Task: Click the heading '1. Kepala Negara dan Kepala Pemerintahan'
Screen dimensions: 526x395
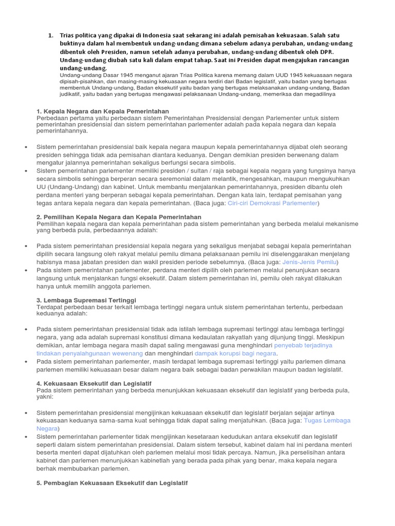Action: coord(102,111)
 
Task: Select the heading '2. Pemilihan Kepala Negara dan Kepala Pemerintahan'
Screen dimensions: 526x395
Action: coord(119,217)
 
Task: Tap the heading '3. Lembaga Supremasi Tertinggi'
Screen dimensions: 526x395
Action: coord(86,299)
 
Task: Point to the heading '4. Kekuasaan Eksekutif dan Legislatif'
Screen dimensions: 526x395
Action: coord(94,383)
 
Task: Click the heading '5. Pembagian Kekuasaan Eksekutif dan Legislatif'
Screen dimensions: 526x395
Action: coord(112,483)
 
